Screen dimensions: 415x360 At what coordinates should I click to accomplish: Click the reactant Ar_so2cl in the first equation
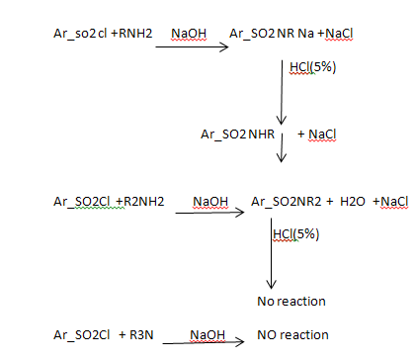click(x=80, y=34)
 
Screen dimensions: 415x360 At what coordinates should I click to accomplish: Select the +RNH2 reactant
click(x=131, y=34)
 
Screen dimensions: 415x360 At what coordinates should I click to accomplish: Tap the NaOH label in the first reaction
click(x=189, y=34)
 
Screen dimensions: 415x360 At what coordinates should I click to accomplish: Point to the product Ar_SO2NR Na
click(x=272, y=34)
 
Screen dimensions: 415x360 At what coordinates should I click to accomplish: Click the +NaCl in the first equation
click(x=335, y=34)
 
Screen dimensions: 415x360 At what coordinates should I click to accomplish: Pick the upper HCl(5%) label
click(x=312, y=67)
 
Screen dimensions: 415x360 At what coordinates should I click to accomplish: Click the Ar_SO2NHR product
click(x=237, y=135)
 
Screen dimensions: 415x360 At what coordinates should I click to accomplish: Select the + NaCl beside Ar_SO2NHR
click(x=316, y=135)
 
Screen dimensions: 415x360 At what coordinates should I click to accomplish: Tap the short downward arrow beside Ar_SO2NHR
click(x=282, y=147)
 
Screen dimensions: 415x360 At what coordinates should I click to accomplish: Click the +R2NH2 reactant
click(x=140, y=201)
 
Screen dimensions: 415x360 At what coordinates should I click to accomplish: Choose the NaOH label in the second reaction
click(x=210, y=201)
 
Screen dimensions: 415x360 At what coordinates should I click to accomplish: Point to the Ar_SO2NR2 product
click(x=286, y=202)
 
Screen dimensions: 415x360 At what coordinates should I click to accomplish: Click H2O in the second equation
click(x=353, y=201)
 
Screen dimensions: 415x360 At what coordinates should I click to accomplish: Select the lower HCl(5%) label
click(x=296, y=234)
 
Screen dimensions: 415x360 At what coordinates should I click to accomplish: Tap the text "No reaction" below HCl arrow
click(x=291, y=302)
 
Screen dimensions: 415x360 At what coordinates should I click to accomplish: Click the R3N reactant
click(x=141, y=335)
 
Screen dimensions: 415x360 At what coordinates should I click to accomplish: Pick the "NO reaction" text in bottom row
click(x=292, y=335)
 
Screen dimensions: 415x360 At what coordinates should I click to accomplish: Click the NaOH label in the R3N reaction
click(x=207, y=335)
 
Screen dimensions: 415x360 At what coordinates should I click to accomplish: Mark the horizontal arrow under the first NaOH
click(x=192, y=47)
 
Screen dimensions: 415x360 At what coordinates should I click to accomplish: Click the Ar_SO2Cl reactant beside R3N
click(x=82, y=335)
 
